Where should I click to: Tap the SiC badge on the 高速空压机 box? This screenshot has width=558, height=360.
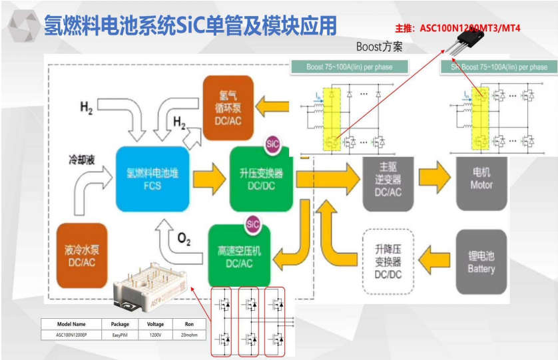pyautogui.click(x=252, y=224)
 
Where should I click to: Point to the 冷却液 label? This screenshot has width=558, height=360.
pyautogui.click(x=82, y=160)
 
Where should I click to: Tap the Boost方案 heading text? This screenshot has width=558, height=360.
pyautogui.click(x=380, y=47)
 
